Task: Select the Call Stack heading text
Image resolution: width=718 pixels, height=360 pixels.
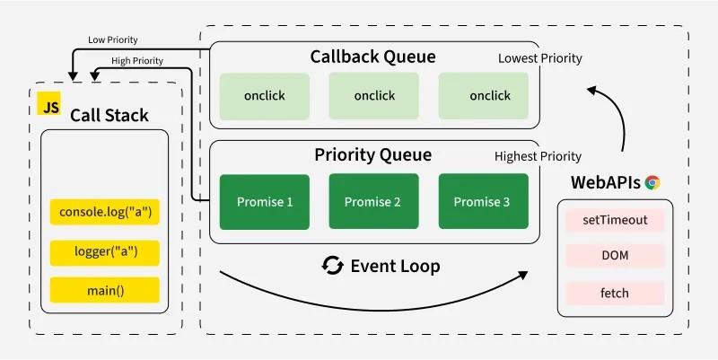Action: pyautogui.click(x=109, y=116)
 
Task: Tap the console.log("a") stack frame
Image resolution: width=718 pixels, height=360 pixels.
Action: pyautogui.click(x=105, y=213)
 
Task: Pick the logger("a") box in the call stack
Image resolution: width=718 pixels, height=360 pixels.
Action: pyautogui.click(x=105, y=252)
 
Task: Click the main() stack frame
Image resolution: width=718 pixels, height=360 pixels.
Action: pyautogui.click(x=105, y=290)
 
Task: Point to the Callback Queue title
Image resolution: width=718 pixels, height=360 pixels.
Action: pyautogui.click(x=372, y=57)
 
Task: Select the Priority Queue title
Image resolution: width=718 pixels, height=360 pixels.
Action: pyautogui.click(x=372, y=154)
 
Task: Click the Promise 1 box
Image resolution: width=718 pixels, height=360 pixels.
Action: pyautogui.click(x=265, y=201)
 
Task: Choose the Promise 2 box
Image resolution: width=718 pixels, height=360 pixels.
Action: pyautogui.click(x=373, y=201)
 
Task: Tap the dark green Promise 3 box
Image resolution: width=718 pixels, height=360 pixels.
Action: pyautogui.click(x=483, y=201)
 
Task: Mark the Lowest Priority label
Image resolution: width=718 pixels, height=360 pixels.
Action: pyautogui.click(x=539, y=58)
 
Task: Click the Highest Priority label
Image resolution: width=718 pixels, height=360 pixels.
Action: pyautogui.click(x=538, y=156)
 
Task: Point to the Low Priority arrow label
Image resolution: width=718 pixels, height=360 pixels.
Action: pyautogui.click(x=112, y=40)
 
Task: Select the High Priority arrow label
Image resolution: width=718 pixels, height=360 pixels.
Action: pyautogui.click(x=136, y=60)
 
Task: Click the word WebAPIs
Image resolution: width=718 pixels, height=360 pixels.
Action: pyautogui.click(x=605, y=182)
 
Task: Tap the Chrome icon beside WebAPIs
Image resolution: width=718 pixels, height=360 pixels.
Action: pyautogui.click(x=652, y=182)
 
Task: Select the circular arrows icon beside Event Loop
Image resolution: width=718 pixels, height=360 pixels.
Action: pyautogui.click(x=333, y=266)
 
